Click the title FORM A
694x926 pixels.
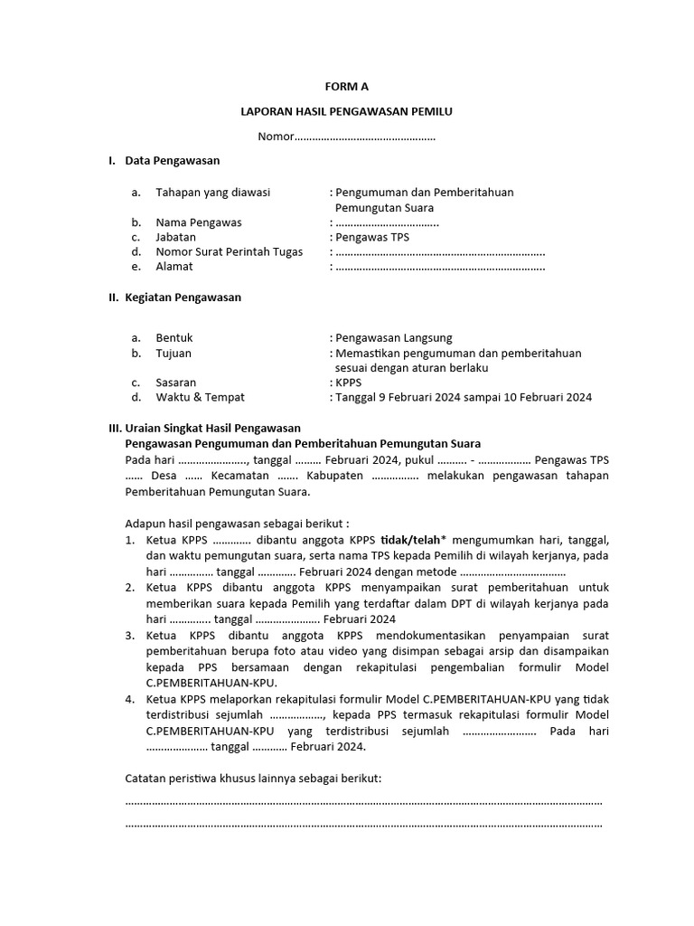click(347, 87)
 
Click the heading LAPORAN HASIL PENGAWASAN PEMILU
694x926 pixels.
click(346, 111)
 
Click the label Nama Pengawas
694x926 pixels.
click(198, 222)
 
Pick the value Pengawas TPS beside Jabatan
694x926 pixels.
click(372, 237)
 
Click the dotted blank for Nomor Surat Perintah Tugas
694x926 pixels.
click(440, 252)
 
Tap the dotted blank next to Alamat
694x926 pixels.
click(440, 267)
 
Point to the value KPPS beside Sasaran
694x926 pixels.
click(348, 383)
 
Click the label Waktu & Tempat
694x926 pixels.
click(200, 397)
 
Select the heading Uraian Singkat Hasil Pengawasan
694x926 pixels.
click(212, 428)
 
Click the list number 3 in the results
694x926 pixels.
click(130, 637)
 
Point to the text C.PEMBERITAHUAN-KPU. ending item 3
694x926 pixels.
click(211, 683)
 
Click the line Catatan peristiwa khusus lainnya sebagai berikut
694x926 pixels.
click(253, 779)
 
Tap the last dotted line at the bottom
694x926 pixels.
click(363, 825)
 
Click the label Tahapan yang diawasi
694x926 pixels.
click(212, 193)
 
